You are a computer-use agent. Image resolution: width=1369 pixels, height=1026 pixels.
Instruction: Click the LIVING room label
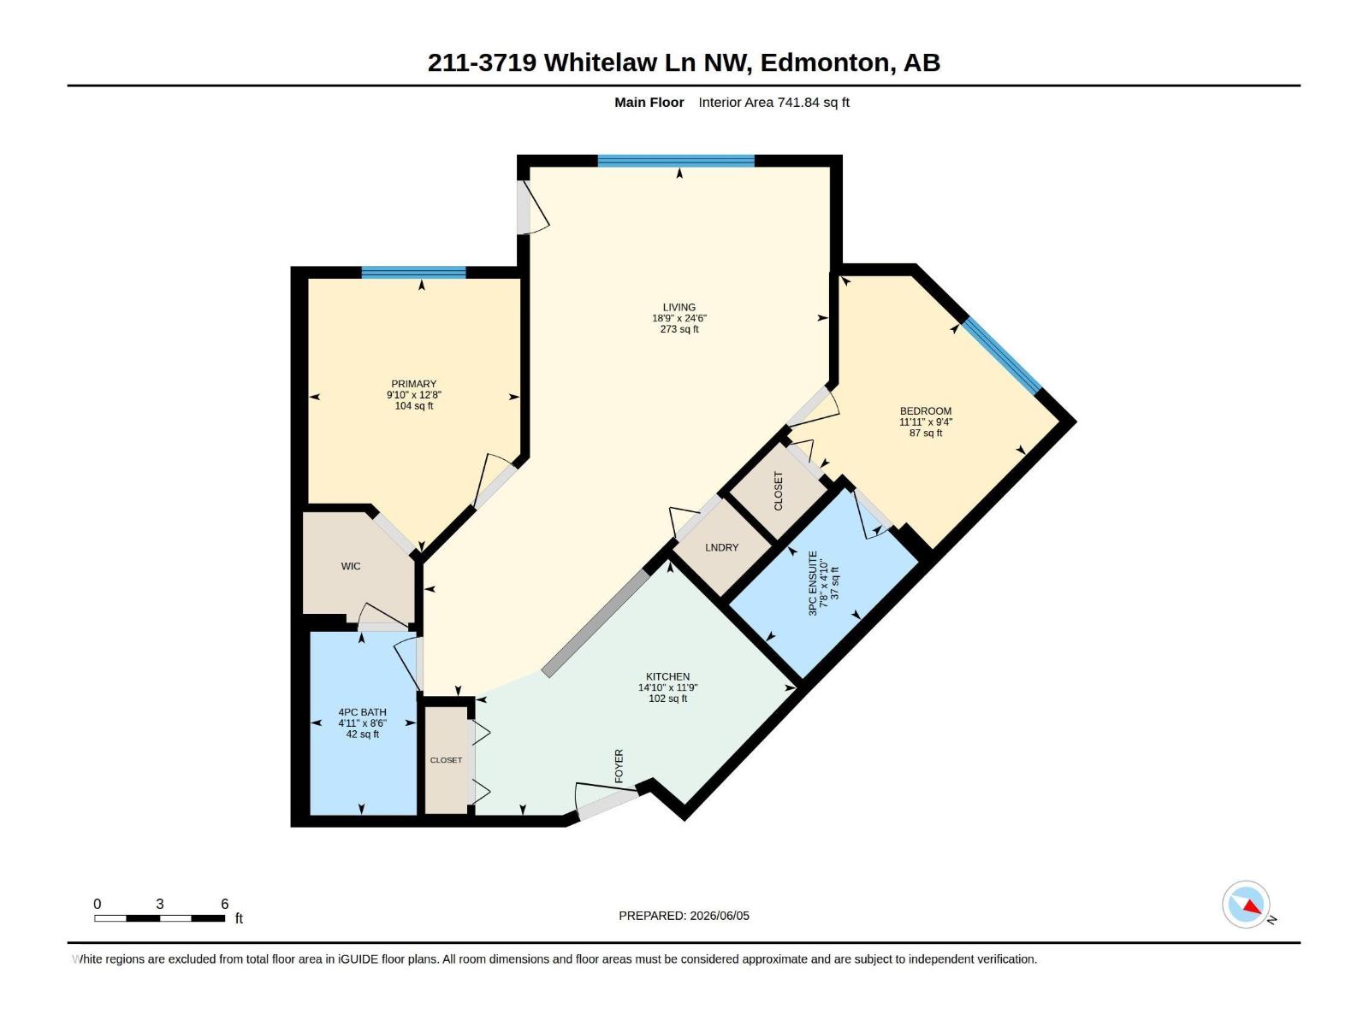click(x=679, y=307)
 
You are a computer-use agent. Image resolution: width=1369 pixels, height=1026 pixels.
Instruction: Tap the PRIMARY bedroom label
click(x=413, y=384)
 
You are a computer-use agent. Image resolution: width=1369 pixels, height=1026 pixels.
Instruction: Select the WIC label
click(x=351, y=566)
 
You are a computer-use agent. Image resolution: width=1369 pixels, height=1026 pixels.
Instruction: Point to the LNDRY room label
click(x=721, y=547)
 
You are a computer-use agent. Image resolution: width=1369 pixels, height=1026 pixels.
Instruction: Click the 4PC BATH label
click(x=363, y=712)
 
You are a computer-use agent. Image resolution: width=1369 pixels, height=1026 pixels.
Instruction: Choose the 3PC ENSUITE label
click(x=813, y=584)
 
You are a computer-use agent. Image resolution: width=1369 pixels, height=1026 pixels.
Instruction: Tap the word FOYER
click(x=619, y=766)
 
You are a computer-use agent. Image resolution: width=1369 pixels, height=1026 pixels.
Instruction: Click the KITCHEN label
click(x=667, y=676)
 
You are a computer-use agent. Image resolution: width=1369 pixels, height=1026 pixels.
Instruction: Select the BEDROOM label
click(x=926, y=411)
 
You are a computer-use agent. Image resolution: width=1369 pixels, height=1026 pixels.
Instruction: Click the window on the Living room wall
click(x=676, y=161)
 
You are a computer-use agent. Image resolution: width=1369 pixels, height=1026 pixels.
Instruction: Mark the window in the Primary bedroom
click(x=413, y=272)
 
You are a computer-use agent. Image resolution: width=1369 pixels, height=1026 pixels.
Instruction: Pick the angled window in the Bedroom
click(x=1002, y=356)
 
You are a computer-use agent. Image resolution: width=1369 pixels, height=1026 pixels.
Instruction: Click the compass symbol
click(x=1246, y=905)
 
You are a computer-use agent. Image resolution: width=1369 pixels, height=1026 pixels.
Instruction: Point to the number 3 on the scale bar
click(x=160, y=904)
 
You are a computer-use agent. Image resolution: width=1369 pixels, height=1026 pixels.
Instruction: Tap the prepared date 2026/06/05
click(x=719, y=916)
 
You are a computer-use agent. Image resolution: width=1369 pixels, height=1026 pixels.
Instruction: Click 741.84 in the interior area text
click(x=797, y=103)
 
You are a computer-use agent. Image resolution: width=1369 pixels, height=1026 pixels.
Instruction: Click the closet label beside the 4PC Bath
click(x=446, y=760)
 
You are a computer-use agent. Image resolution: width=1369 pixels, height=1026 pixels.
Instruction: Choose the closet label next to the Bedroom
click(x=779, y=491)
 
